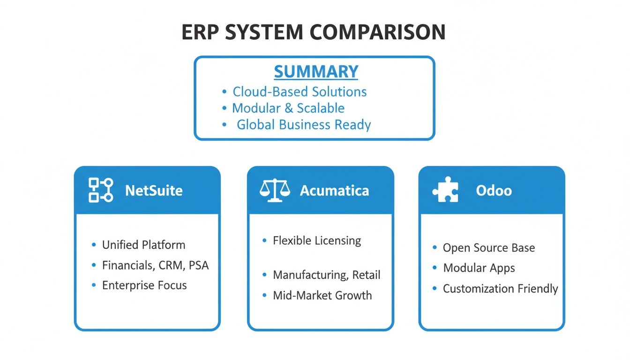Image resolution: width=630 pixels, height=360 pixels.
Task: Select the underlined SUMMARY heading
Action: pyautogui.click(x=316, y=72)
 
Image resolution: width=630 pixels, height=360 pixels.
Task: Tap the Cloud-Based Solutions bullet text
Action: pyautogui.click(x=300, y=91)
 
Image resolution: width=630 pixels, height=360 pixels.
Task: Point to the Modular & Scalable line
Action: pyautogui.click(x=288, y=108)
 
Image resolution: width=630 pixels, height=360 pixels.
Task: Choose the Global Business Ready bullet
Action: pyautogui.click(x=303, y=125)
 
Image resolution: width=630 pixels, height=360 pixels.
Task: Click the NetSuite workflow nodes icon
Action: pyautogui.click(x=101, y=190)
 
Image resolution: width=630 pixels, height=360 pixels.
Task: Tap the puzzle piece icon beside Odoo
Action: pyautogui.click(x=445, y=190)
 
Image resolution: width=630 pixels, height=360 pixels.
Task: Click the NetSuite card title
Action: pyautogui.click(x=154, y=191)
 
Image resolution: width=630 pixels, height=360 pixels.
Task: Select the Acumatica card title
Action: pyautogui.click(x=334, y=191)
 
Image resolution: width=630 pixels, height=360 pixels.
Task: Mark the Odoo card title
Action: pyautogui.click(x=494, y=191)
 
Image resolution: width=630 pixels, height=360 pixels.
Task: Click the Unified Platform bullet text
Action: pyautogui.click(x=143, y=245)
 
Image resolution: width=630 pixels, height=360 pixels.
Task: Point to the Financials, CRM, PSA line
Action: pyautogui.click(x=155, y=265)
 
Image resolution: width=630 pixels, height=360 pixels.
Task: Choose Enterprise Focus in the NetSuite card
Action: pyautogui.click(x=144, y=285)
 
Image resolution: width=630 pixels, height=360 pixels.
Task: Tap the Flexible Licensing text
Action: pyautogui.click(x=317, y=241)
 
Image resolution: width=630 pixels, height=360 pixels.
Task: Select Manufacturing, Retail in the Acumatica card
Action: pyautogui.click(x=326, y=275)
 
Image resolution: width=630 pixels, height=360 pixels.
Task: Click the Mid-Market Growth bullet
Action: pyautogui.click(x=322, y=296)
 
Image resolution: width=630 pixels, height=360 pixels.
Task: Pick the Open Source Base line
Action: pyautogui.click(x=488, y=248)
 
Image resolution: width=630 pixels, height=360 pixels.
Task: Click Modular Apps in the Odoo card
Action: pyautogui.click(x=479, y=268)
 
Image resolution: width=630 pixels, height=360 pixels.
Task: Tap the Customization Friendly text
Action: pyautogui.click(x=500, y=289)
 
